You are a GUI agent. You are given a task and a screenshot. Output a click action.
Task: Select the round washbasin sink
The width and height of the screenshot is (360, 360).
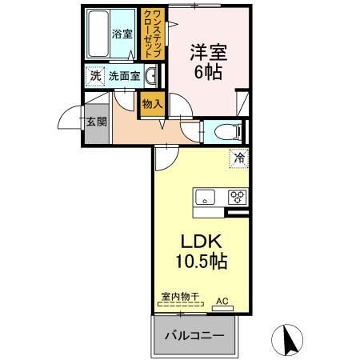pyautogui.click(x=152, y=78)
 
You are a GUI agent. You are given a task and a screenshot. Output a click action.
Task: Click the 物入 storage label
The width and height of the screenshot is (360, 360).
pyautogui.click(x=152, y=103)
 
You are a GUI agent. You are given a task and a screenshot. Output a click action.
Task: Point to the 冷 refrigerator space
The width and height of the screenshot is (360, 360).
pyautogui.click(x=238, y=158)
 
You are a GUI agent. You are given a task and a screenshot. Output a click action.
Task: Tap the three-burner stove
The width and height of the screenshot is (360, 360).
pyautogui.click(x=238, y=197)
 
